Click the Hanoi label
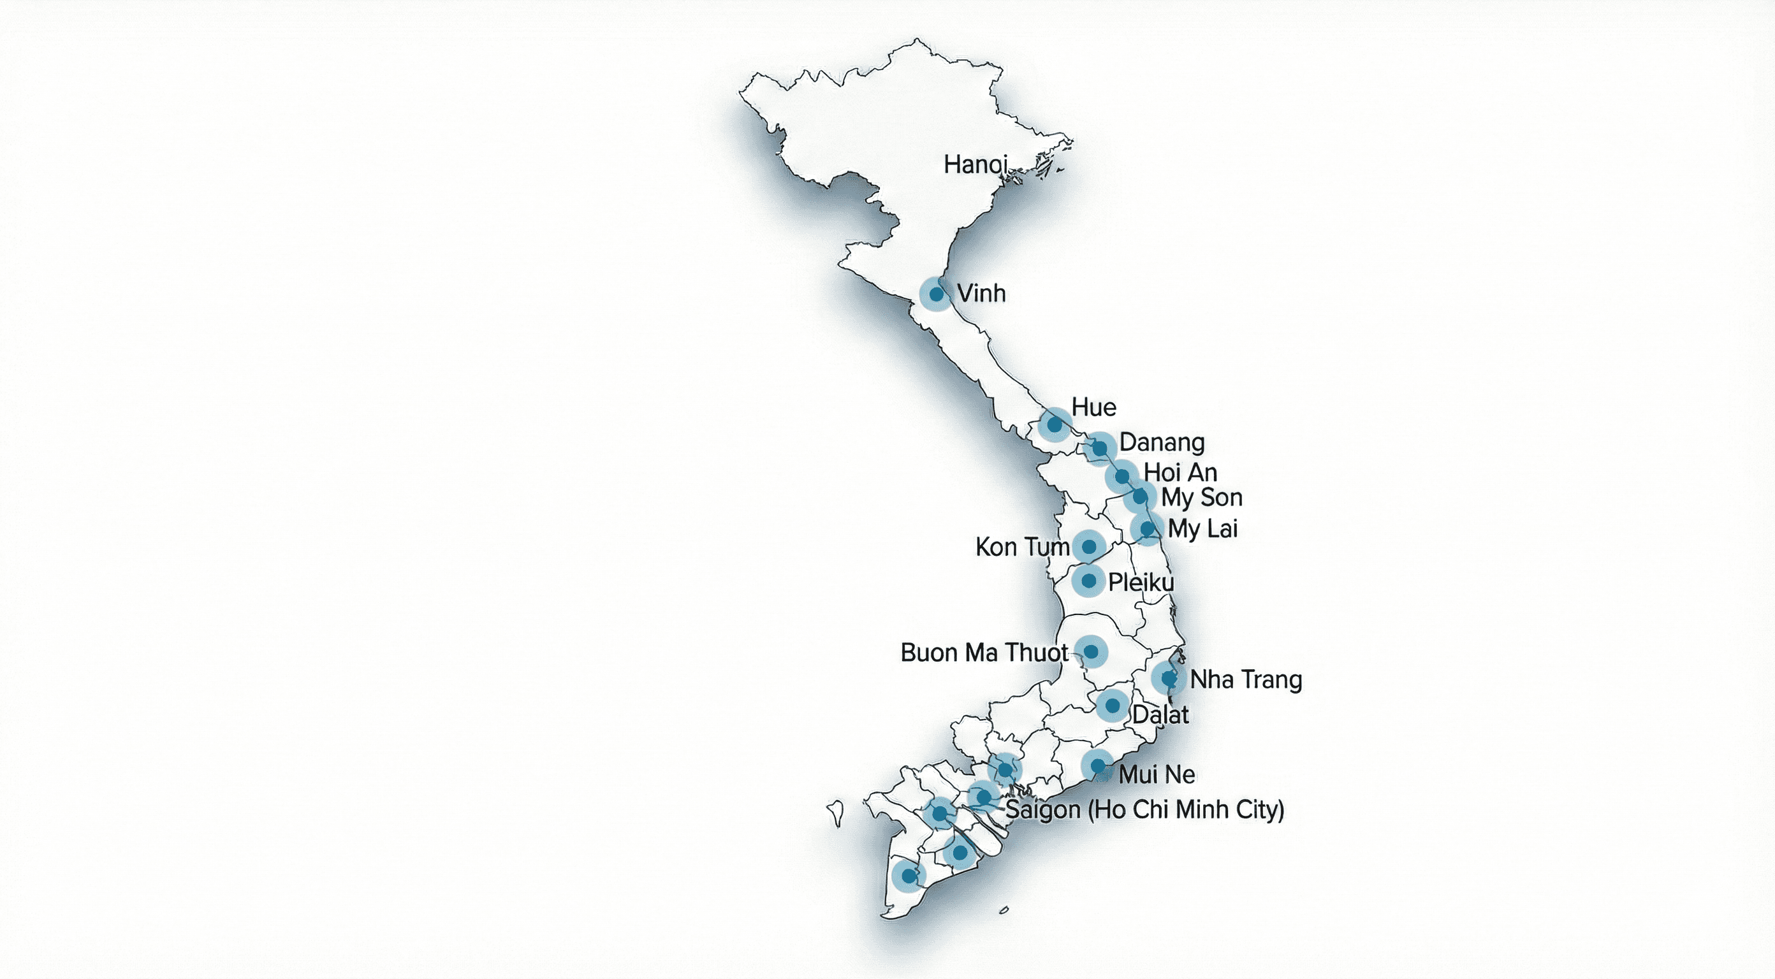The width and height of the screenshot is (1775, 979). pyautogui.click(x=975, y=164)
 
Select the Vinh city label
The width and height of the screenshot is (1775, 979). pyautogui.click(x=981, y=293)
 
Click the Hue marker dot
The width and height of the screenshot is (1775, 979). pyautogui.click(x=1055, y=424)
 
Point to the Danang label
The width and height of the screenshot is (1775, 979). pyautogui.click(x=1162, y=442)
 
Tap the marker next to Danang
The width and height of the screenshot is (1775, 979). pyautogui.click(x=1100, y=449)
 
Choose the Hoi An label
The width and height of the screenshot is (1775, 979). pyautogui.click(x=1180, y=473)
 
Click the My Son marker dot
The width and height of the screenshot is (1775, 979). pyautogui.click(x=1140, y=496)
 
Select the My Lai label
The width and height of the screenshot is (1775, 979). pyautogui.click(x=1202, y=529)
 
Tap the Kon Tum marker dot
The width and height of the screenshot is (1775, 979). pyautogui.click(x=1089, y=547)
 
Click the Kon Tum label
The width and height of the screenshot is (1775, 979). pyautogui.click(x=1022, y=547)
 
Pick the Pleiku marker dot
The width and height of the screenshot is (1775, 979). pyautogui.click(x=1089, y=581)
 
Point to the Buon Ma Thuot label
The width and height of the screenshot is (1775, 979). pyautogui.click(x=984, y=653)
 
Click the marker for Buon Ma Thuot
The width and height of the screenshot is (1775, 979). pyautogui.click(x=1091, y=651)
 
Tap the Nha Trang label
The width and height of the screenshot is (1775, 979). pyautogui.click(x=1246, y=680)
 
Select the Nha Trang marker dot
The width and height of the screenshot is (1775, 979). pyautogui.click(x=1169, y=679)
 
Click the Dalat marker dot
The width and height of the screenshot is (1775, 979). pyautogui.click(x=1112, y=706)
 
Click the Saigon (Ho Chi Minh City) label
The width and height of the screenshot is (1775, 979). pyautogui.click(x=1144, y=809)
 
